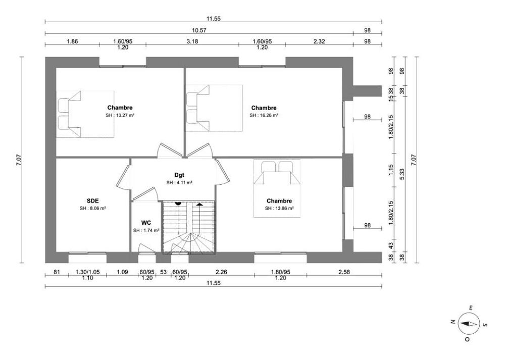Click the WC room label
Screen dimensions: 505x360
click(x=146, y=223)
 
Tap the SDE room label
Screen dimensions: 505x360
click(x=93, y=201)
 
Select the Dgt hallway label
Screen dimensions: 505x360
click(x=179, y=175)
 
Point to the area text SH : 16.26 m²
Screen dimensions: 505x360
click(x=264, y=115)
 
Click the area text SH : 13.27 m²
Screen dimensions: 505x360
click(x=120, y=115)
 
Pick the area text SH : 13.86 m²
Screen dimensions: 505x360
click(x=279, y=209)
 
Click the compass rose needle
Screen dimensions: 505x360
click(x=468, y=324)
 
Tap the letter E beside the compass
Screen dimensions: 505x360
click(x=471, y=308)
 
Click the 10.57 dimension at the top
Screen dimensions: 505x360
click(x=199, y=30)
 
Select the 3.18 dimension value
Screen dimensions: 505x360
click(x=192, y=41)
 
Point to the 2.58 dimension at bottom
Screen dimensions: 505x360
click(x=344, y=272)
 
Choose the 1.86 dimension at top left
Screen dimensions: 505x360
click(x=72, y=41)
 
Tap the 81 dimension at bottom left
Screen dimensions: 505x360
click(x=57, y=272)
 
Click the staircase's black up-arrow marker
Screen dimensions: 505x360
click(x=200, y=204)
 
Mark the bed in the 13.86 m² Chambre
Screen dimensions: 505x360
click(x=277, y=189)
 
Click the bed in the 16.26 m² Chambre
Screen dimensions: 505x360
click(x=214, y=108)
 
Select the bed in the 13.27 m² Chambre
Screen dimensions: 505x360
click(x=85, y=114)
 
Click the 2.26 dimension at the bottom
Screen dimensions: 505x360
click(x=221, y=272)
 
